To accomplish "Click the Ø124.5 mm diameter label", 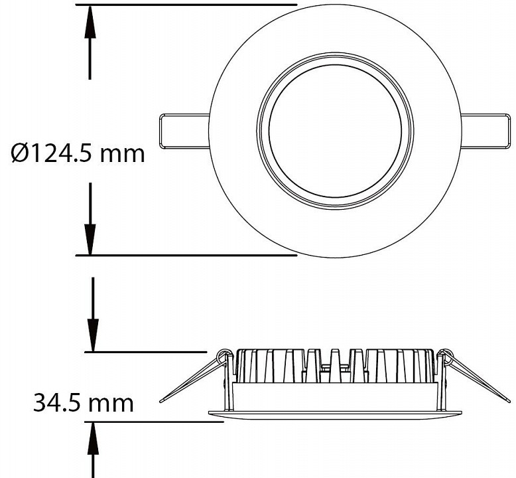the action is click(x=78, y=153).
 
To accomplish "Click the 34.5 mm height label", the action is click(x=84, y=403).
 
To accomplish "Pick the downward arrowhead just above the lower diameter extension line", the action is click(x=90, y=240).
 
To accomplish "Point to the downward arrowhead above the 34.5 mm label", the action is click(x=93, y=335).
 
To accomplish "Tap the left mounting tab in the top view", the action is click(x=184, y=131).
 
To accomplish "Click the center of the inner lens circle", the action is click(x=335, y=131).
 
